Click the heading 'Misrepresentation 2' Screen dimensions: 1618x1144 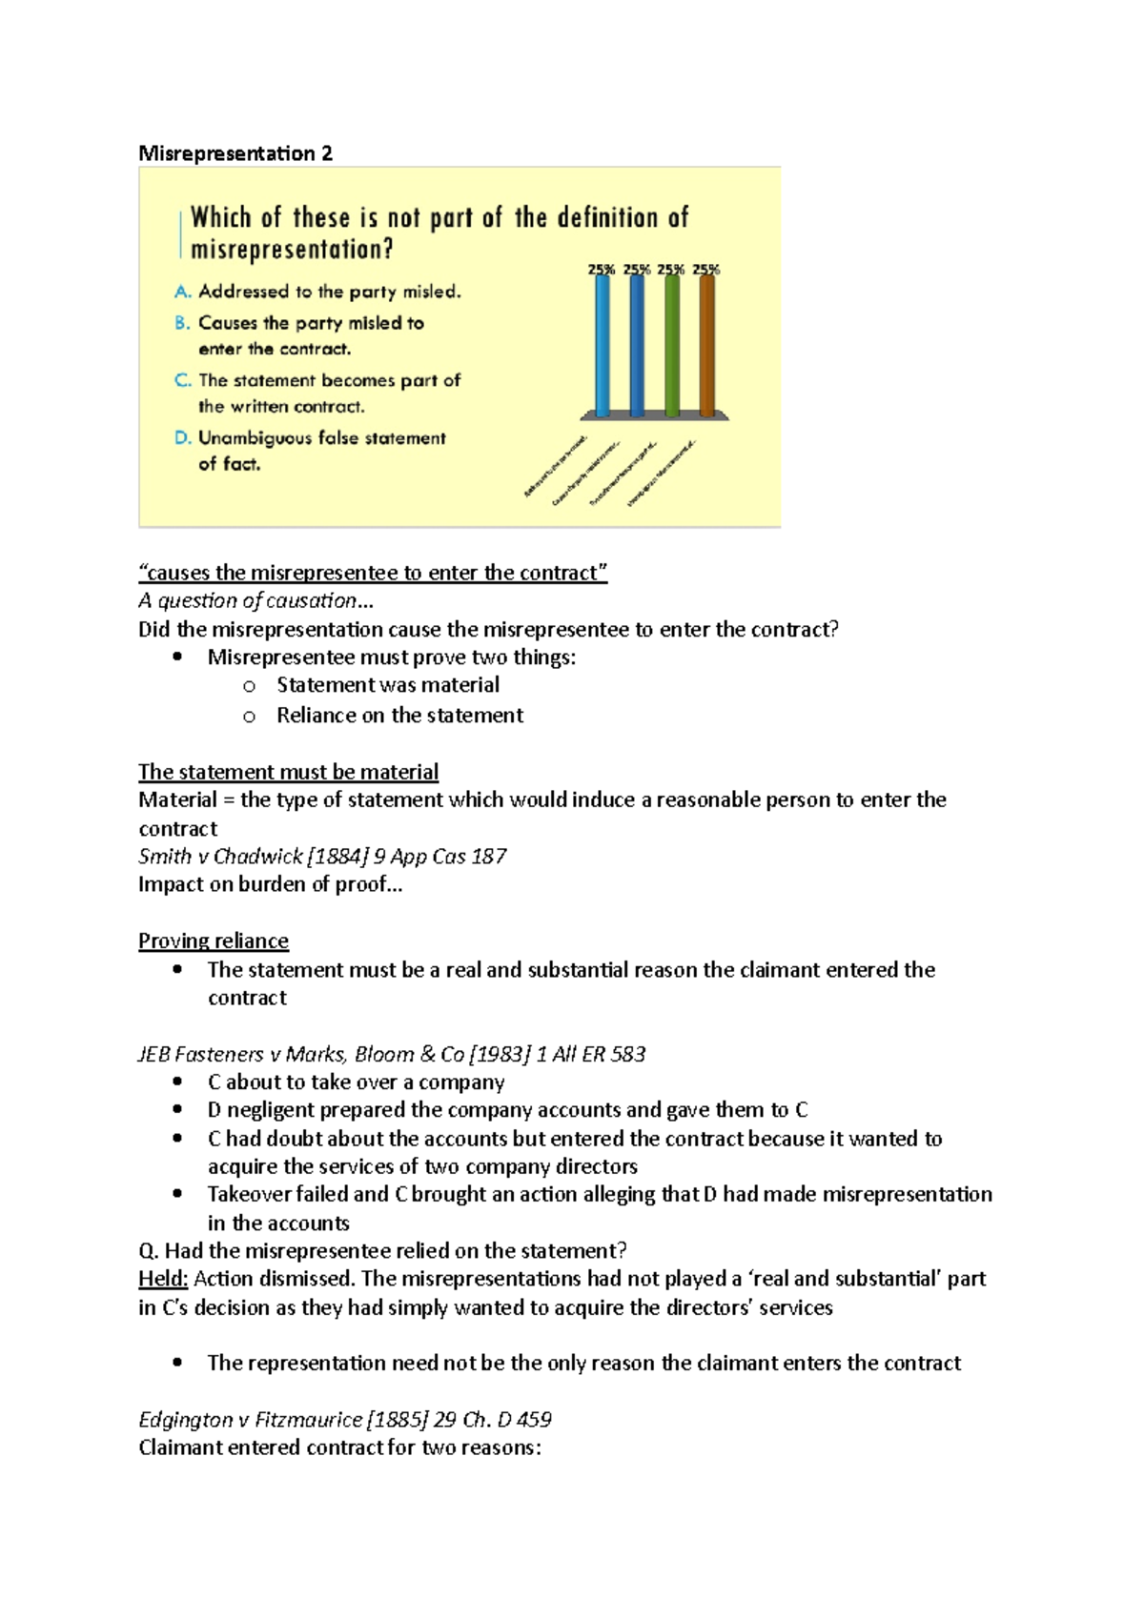tap(235, 153)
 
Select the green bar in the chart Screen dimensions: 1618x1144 tap(672, 346)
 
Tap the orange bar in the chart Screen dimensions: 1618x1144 tap(706, 346)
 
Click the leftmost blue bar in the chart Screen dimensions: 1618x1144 tap(603, 346)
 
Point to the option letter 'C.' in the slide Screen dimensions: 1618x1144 tap(183, 380)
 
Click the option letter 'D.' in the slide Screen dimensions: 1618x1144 tap(183, 438)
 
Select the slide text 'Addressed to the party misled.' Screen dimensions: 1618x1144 tap(330, 292)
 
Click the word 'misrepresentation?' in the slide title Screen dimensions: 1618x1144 tap(292, 250)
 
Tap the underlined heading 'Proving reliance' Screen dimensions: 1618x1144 tap(214, 940)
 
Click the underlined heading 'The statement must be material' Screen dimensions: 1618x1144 tap(288, 772)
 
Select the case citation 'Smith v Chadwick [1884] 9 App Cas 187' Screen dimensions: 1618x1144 tap(322, 856)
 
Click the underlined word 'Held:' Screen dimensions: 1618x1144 tap(163, 1279)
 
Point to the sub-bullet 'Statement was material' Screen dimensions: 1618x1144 tap(388, 685)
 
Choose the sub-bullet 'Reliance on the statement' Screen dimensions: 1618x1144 tap(399, 716)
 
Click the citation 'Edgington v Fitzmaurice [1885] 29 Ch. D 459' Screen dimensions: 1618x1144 tap(345, 1420)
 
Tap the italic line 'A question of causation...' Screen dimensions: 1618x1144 tap(255, 600)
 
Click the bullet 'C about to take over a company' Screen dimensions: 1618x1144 tap(356, 1082)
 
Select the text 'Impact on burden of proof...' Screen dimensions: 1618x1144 tap(270, 884)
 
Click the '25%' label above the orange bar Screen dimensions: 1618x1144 tap(706, 270)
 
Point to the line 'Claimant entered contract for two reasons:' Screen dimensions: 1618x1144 tap(339, 1448)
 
